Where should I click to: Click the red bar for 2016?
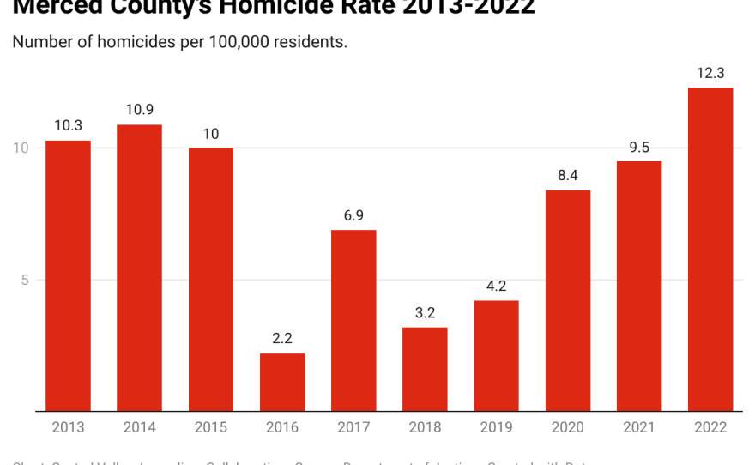tap(282, 382)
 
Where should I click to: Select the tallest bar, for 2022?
tap(710, 249)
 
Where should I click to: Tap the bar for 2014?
tap(139, 268)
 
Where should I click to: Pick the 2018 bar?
tap(425, 369)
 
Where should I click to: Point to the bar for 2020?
tap(568, 300)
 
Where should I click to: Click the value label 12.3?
tap(710, 74)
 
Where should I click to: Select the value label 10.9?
tap(139, 111)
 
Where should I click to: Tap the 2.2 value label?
tap(282, 339)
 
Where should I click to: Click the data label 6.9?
tap(353, 215)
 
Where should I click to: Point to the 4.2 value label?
tap(496, 287)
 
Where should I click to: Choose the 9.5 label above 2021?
tap(639, 147)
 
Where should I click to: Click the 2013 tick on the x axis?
tap(68, 427)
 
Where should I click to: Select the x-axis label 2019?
tap(496, 427)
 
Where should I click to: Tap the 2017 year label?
tap(353, 427)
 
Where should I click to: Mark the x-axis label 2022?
tap(710, 427)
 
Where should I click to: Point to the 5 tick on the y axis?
tap(25, 280)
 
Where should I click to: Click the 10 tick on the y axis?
tap(21, 148)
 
